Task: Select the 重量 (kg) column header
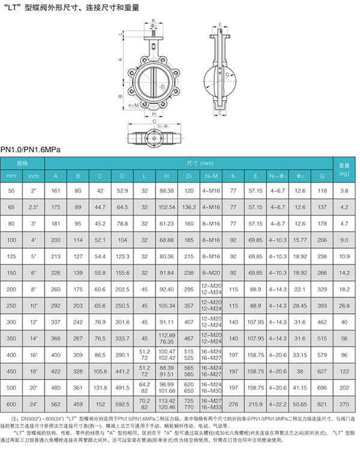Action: (x=344, y=168)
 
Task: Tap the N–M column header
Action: (x=211, y=176)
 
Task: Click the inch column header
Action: (x=34, y=176)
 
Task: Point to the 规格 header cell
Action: (x=23, y=162)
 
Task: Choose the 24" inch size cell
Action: (x=34, y=403)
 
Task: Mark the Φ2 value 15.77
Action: (x=299, y=239)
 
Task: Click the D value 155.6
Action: (x=122, y=272)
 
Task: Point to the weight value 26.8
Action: (x=344, y=288)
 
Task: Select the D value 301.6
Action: (x=122, y=321)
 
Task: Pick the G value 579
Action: (x=322, y=354)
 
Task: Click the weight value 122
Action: (x=344, y=370)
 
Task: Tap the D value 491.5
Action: (x=122, y=387)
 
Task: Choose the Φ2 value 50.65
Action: (x=299, y=403)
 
